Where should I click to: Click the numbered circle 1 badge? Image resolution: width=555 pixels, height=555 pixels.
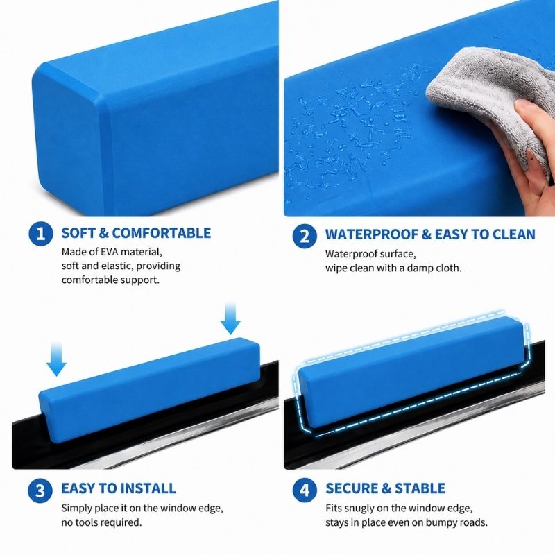click(41, 234)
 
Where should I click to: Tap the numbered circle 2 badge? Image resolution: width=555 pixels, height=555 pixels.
click(305, 236)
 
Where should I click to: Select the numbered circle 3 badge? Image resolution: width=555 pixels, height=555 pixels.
click(40, 490)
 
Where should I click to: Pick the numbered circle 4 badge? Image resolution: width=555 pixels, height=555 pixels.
click(305, 490)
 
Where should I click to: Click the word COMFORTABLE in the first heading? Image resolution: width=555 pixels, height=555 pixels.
click(162, 233)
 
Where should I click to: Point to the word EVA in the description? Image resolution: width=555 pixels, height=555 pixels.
click(110, 252)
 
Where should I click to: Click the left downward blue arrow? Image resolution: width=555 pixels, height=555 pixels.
click(56, 359)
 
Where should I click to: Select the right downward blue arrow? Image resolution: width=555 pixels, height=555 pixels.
click(230, 318)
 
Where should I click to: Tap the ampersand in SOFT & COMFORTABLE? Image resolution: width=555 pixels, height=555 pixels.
click(103, 233)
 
